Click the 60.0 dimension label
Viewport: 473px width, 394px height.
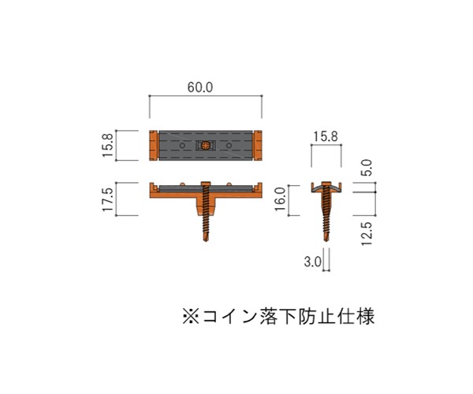pyautogui.click(x=200, y=87)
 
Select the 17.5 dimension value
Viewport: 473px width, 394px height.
pyautogui.click(x=108, y=199)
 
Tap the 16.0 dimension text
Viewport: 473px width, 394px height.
pyautogui.click(x=280, y=199)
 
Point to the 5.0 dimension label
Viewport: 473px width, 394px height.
pyautogui.click(x=367, y=168)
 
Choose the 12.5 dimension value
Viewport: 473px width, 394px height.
pyautogui.click(x=367, y=234)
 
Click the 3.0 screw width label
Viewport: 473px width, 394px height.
pyautogui.click(x=313, y=262)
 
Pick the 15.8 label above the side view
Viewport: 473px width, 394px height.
pyautogui.click(x=326, y=136)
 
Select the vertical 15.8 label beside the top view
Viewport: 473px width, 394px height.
pyautogui.click(x=108, y=145)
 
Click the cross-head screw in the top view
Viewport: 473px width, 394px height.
pyautogui.click(x=206, y=146)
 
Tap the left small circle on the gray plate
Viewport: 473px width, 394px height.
pyautogui.click(x=182, y=146)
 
